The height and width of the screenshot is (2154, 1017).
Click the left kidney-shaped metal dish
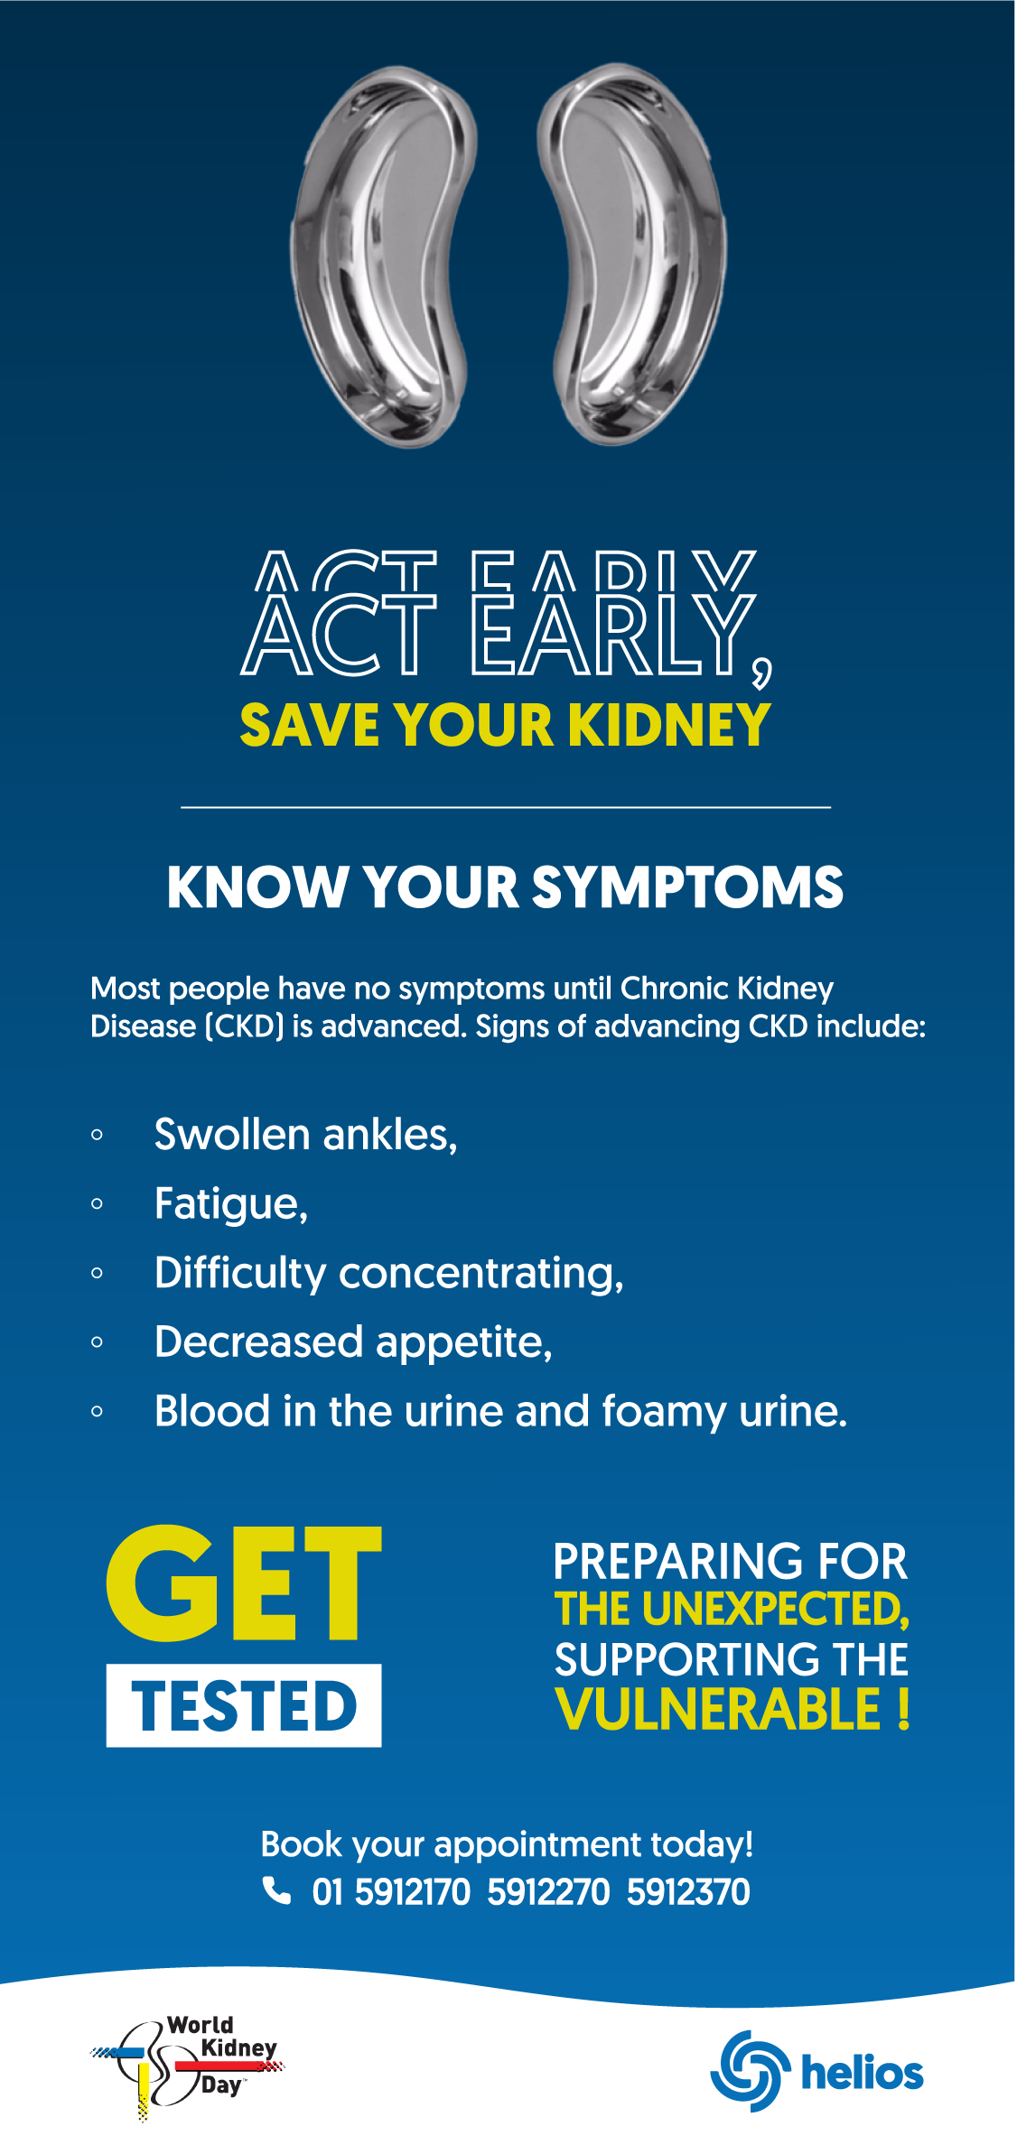point(384,257)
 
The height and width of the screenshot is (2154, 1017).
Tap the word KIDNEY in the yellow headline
point(668,726)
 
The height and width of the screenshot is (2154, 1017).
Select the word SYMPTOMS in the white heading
point(687,887)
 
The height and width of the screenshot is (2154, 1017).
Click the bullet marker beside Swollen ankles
point(97,1135)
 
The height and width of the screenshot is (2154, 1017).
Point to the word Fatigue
point(231,1204)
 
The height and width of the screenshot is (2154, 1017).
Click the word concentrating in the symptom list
point(481,1274)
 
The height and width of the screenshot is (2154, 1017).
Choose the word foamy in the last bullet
point(664,1412)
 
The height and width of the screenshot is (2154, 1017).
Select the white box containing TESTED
point(244,1705)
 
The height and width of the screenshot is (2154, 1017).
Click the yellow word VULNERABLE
point(719,1709)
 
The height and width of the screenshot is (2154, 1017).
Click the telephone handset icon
point(276,1889)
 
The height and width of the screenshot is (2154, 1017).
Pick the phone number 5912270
point(548,1891)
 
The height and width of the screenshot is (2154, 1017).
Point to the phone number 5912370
point(688,1891)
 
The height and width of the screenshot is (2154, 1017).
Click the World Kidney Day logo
point(188,2066)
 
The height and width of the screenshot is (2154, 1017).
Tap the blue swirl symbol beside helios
point(751,2071)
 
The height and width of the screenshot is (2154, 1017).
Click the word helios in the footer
point(863,2072)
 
